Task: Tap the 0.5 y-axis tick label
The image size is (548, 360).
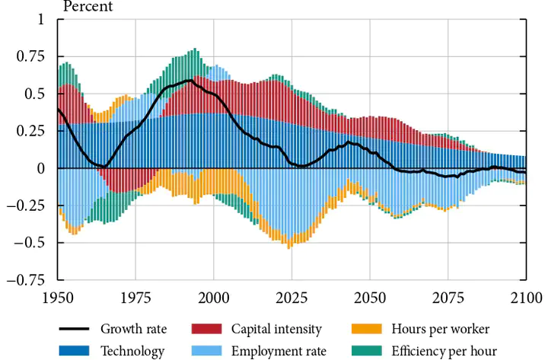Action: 35,94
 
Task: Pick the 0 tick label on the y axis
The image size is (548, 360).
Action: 40,168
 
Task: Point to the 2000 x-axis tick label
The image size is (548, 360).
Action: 214,297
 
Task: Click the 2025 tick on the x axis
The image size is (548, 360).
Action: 292,297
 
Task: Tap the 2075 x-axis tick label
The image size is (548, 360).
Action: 448,297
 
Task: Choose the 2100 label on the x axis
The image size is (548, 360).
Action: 525,297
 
